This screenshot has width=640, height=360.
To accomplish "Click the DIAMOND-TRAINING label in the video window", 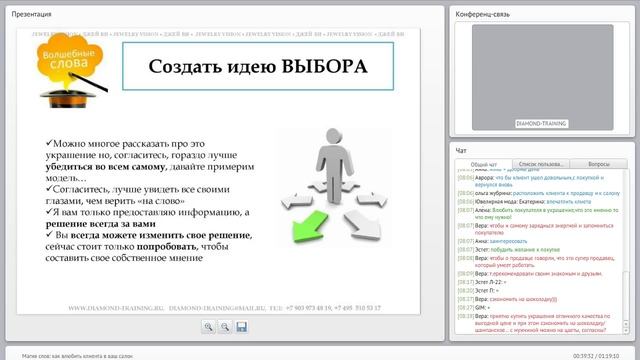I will pos(542,123).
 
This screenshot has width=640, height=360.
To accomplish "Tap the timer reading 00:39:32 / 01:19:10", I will pos(596,354).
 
